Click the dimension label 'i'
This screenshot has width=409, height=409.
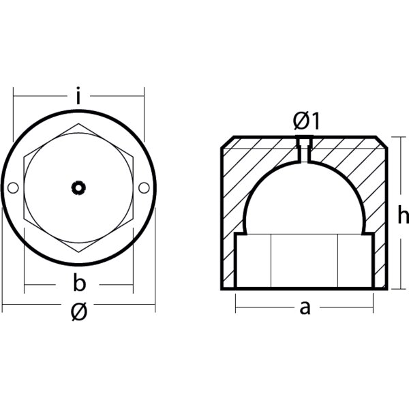[78, 98]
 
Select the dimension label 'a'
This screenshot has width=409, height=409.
[305, 308]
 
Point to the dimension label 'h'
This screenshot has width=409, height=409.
[402, 217]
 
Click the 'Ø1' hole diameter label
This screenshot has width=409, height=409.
[306, 121]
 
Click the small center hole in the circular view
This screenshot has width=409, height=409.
[78, 187]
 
